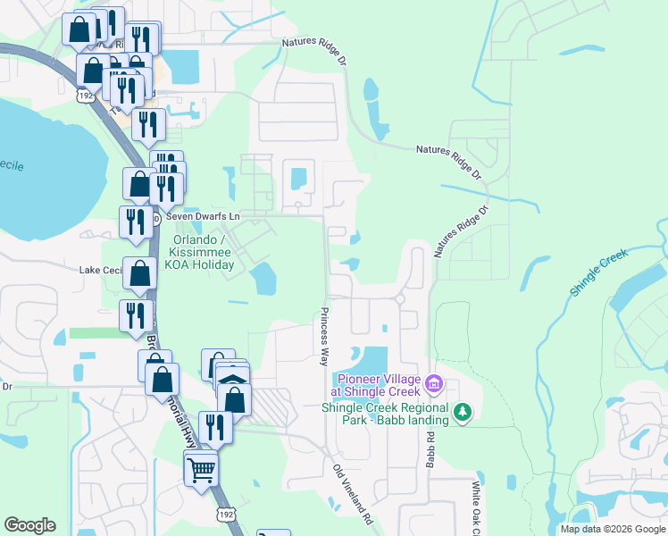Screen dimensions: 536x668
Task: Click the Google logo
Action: coord(29,525)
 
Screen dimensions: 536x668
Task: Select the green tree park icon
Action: coord(462,413)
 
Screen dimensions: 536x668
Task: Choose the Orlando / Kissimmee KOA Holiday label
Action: coord(204,252)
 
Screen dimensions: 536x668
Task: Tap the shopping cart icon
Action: coord(201,466)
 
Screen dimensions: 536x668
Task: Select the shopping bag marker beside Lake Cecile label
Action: coord(140,274)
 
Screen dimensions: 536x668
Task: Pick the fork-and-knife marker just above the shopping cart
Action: coord(215,427)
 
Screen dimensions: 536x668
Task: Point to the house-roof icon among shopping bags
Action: coord(232,380)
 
